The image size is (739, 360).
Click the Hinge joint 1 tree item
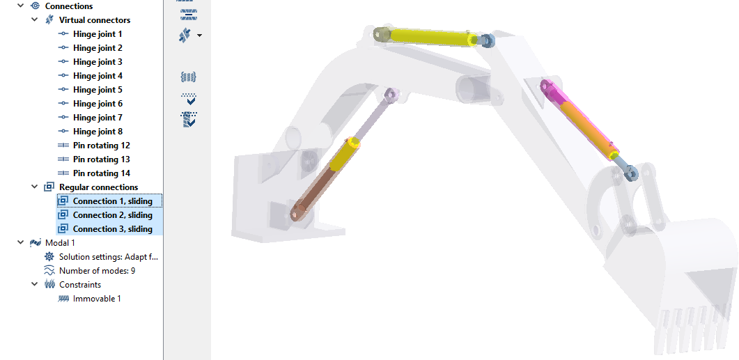(98, 34)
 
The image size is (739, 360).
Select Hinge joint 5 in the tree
(98, 90)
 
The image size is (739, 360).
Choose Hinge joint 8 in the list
(98, 132)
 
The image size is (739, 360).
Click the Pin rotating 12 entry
(101, 145)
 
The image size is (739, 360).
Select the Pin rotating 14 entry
(101, 173)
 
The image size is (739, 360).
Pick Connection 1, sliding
(113, 201)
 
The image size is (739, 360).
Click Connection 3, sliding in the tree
(113, 229)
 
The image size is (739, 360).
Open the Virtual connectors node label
(95, 20)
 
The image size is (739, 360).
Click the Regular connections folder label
(98, 187)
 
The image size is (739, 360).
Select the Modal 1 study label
(60, 243)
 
